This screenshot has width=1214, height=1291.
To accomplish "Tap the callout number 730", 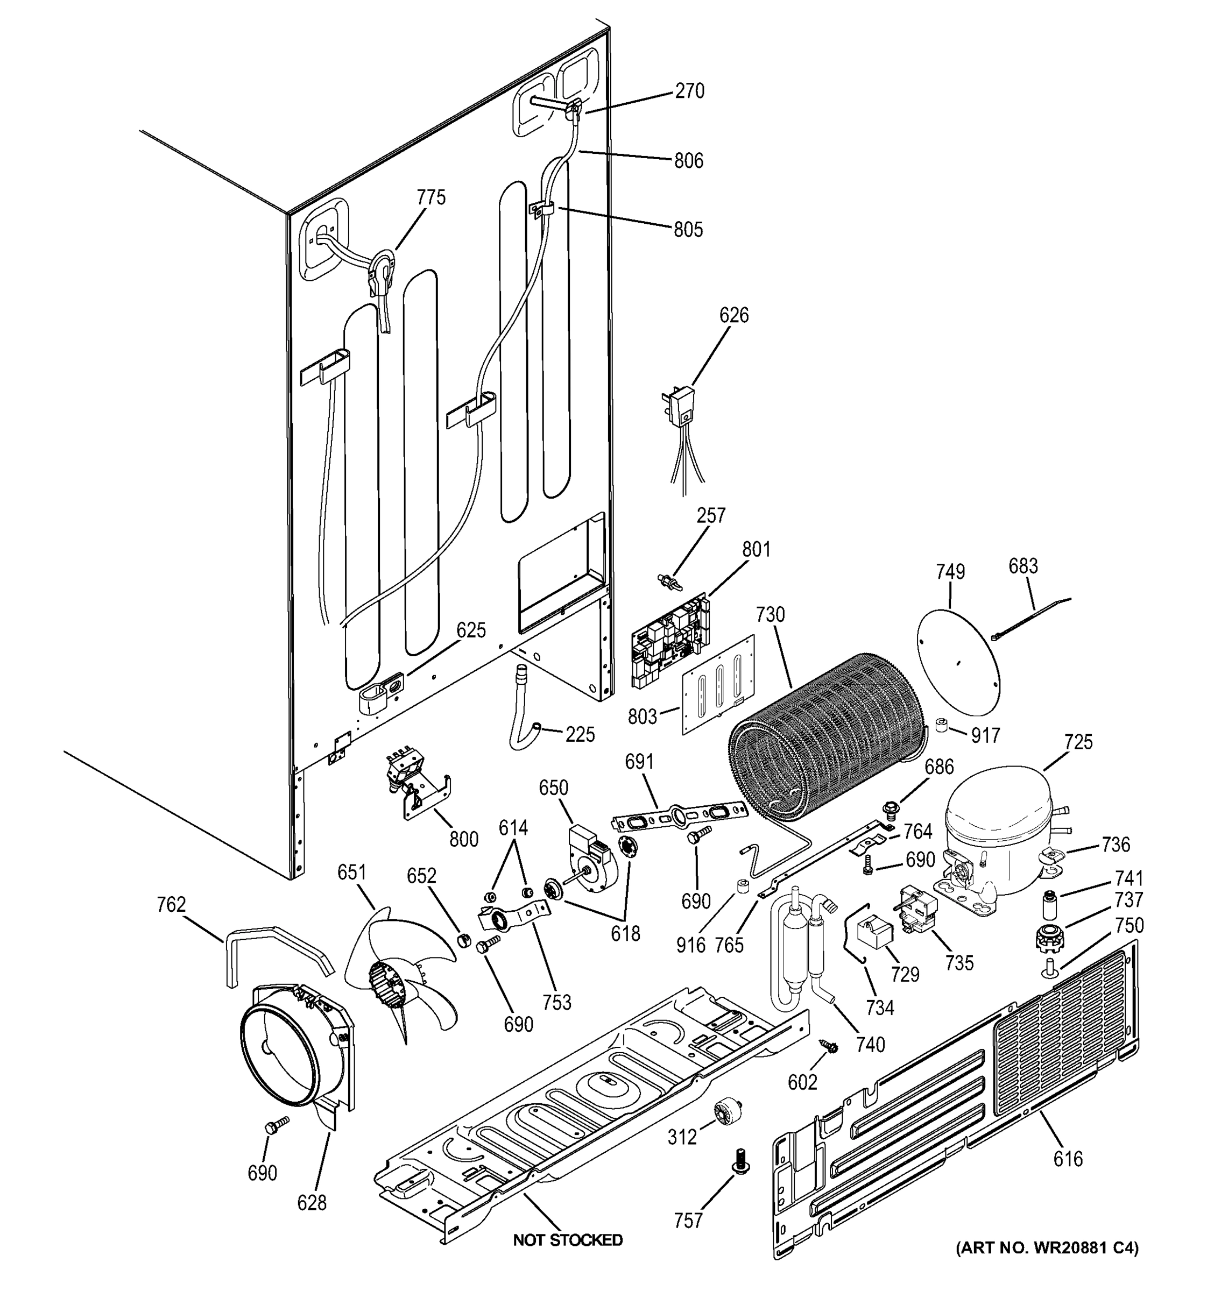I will coord(771,614).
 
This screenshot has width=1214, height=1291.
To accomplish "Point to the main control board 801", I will coord(671,640).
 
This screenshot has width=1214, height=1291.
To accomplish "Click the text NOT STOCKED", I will coord(567,1240).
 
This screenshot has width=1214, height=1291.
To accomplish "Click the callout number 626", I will coord(734,316).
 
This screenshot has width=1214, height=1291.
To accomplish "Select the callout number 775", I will coord(431,197).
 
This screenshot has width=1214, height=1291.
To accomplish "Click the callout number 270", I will coord(689,91).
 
